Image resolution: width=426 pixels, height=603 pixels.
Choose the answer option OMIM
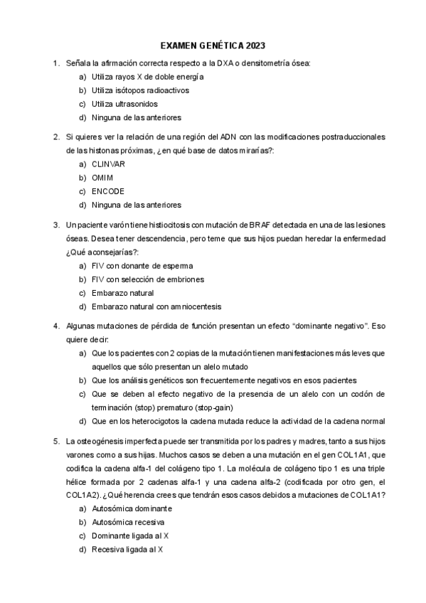pos(102,177)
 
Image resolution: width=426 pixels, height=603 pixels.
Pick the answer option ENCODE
pos(108,191)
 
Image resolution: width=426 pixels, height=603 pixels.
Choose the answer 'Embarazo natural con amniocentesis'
pos(156,306)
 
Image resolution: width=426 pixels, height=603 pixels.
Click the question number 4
pos(55,326)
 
